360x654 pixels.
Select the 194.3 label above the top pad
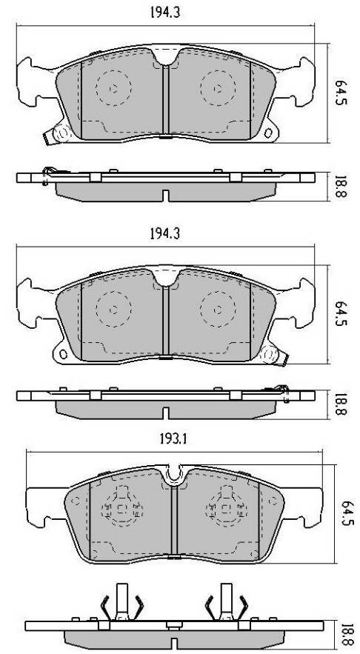(x=164, y=13)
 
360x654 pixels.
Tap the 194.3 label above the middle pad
(x=164, y=234)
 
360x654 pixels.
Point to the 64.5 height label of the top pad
(x=340, y=92)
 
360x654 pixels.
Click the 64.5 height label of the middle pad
(x=340, y=313)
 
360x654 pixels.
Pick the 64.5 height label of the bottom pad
(x=349, y=513)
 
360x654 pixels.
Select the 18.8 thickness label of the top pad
(x=340, y=186)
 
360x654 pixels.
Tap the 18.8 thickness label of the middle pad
(x=340, y=404)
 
